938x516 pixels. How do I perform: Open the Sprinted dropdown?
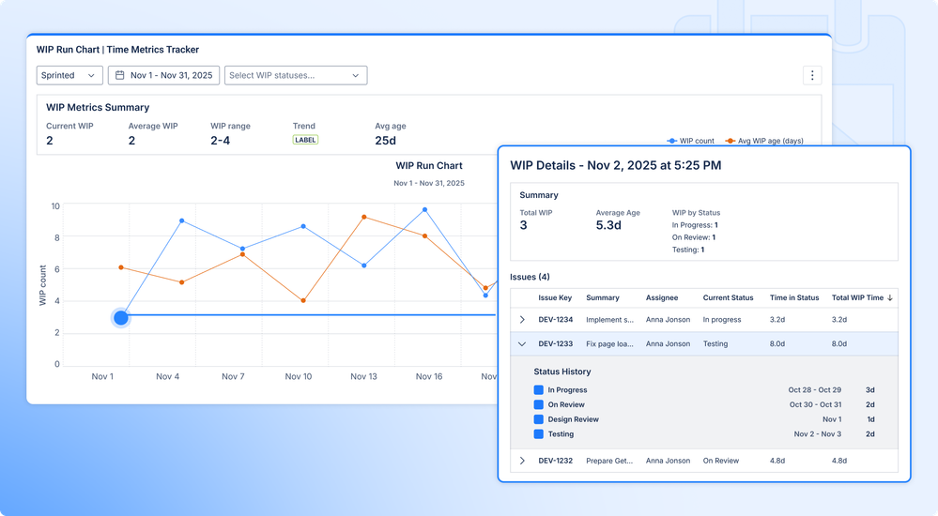(69, 75)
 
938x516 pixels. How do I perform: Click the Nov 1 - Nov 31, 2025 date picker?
(163, 75)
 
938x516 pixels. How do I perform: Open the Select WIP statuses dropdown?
(295, 75)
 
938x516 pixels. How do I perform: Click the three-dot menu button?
(813, 75)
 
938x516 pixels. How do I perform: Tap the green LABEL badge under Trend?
(305, 140)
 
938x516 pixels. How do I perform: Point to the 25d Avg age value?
(385, 141)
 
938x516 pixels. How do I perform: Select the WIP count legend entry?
(691, 141)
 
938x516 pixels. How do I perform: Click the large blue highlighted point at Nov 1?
(121, 318)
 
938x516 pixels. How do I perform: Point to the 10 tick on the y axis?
(55, 206)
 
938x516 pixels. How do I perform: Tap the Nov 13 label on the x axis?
(363, 376)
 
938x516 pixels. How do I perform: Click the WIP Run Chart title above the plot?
(429, 166)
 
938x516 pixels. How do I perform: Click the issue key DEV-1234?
(555, 320)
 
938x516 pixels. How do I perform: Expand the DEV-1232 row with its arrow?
(522, 461)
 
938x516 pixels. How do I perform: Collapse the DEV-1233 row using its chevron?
(522, 344)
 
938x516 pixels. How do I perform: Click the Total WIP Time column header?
(861, 297)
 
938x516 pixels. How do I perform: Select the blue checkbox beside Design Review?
(539, 419)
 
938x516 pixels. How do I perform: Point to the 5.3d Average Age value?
(615, 225)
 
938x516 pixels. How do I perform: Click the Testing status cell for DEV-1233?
(715, 344)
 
